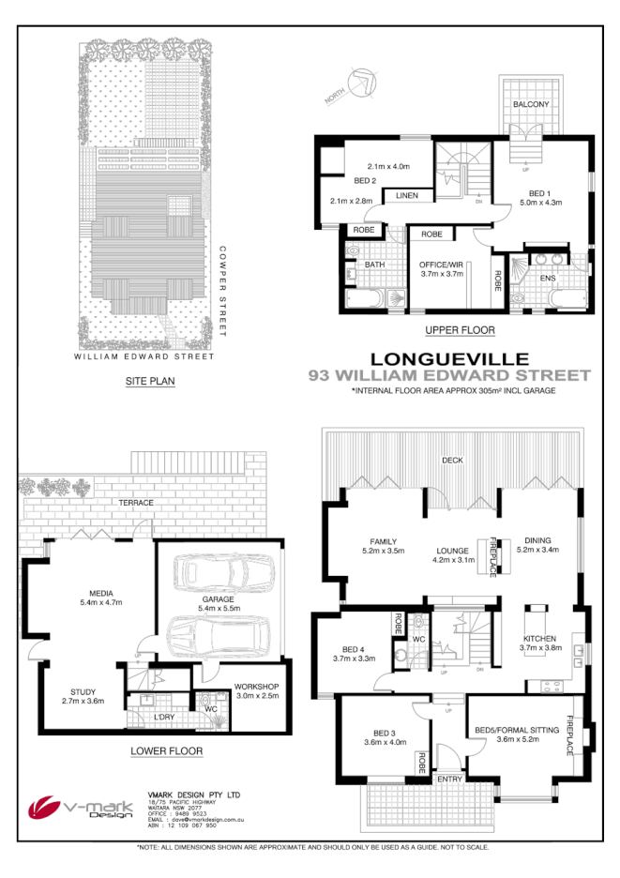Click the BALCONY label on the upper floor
[530, 104]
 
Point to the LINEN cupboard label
[406, 195]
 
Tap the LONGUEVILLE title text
[450, 357]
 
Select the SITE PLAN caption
[150, 382]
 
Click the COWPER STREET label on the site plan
[223, 291]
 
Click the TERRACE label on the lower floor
[135, 503]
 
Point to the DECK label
[453, 460]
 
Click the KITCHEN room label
[540, 641]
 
